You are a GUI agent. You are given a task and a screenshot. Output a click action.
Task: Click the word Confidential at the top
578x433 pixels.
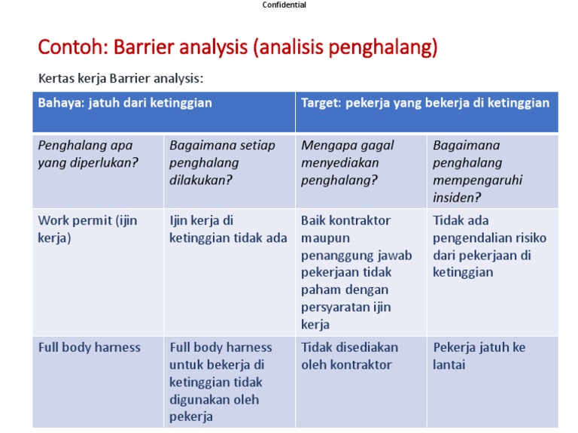(284, 5)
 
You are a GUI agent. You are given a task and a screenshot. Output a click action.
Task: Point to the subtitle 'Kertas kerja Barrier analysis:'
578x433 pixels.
(121, 78)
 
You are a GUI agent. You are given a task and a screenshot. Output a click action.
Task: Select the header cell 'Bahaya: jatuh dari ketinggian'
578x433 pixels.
(125, 103)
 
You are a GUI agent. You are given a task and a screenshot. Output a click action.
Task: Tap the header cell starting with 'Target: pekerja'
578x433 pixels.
(425, 103)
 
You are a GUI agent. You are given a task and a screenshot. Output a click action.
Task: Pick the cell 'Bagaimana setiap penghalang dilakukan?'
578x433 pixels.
(223, 162)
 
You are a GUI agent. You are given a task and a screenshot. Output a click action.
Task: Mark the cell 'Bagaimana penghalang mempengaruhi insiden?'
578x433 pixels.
(477, 171)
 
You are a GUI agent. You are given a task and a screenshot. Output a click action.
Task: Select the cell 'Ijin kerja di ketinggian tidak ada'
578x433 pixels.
(228, 229)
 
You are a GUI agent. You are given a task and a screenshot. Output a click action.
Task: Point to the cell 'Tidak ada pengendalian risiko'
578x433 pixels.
(489, 246)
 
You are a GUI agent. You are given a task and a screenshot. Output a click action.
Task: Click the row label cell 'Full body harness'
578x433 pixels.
(90, 347)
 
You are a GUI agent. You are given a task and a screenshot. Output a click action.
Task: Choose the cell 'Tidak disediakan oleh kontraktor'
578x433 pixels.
(349, 356)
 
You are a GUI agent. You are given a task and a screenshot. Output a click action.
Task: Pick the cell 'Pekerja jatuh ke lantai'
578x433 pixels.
(479, 356)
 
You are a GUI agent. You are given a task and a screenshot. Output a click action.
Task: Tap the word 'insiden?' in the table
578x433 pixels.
(458, 198)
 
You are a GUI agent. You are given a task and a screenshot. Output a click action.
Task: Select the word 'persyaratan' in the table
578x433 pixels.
(334, 307)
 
